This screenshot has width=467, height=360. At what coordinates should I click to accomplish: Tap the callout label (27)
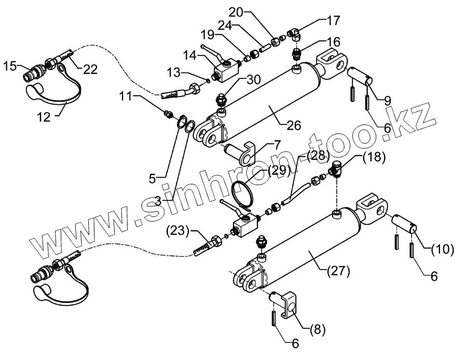point(339,270)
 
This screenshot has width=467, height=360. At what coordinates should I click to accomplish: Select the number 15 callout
point(9,66)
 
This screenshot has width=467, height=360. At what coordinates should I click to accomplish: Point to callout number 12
point(45,117)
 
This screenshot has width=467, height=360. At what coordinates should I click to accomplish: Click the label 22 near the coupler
point(90,70)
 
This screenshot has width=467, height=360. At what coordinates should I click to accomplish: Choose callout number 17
point(333,21)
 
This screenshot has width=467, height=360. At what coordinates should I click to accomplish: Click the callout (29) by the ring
point(280,171)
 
